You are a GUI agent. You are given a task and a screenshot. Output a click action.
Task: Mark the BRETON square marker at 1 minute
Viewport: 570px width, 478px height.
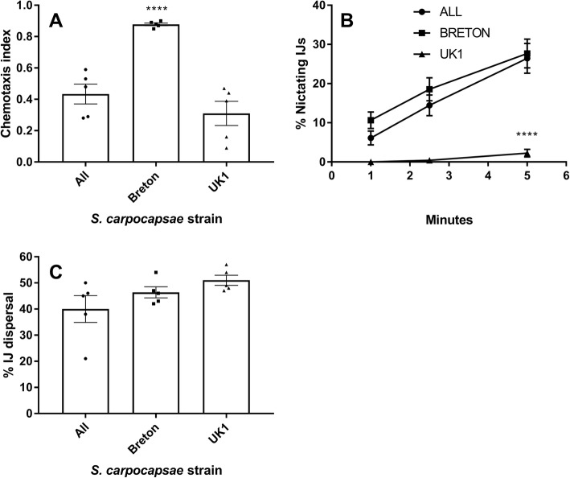[x=371, y=120]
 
